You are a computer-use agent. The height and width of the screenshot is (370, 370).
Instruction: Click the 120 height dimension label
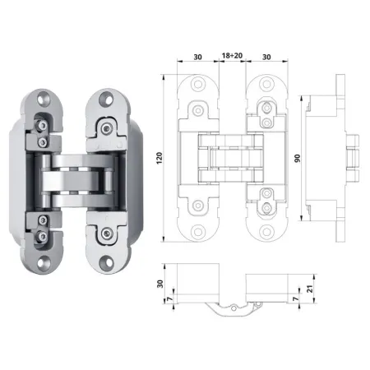[160, 158]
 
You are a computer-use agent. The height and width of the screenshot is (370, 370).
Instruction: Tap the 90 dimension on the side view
[298, 158]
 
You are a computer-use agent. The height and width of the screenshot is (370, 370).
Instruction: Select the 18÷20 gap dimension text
[232, 56]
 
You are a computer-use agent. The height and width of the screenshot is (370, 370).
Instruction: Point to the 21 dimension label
[310, 289]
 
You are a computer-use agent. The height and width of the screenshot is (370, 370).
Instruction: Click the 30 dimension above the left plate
[197, 57]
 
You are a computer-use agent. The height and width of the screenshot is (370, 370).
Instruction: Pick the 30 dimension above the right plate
[266, 57]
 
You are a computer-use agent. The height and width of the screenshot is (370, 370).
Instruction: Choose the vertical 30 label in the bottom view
[160, 284]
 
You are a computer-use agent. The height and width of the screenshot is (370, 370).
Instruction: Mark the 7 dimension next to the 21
[296, 298]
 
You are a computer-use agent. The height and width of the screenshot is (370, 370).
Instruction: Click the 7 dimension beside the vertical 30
[170, 299]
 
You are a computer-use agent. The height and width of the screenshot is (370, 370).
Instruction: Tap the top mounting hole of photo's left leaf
[44, 99]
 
